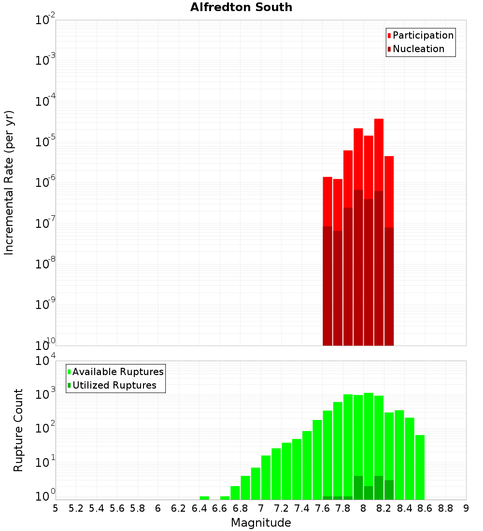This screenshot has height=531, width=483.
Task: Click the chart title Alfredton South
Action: point(241,7)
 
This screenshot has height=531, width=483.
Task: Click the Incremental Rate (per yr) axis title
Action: point(9,183)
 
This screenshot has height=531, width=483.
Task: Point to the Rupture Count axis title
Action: point(18,430)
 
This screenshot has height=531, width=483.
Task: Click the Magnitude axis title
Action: point(261,523)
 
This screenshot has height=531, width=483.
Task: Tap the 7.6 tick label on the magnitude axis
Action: point(322,508)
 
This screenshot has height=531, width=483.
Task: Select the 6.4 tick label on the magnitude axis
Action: point(199,508)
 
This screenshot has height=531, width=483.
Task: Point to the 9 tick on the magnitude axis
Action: point(466,508)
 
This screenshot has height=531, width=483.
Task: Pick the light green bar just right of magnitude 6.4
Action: point(204,498)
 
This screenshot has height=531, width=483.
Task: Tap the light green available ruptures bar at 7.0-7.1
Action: point(266,477)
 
